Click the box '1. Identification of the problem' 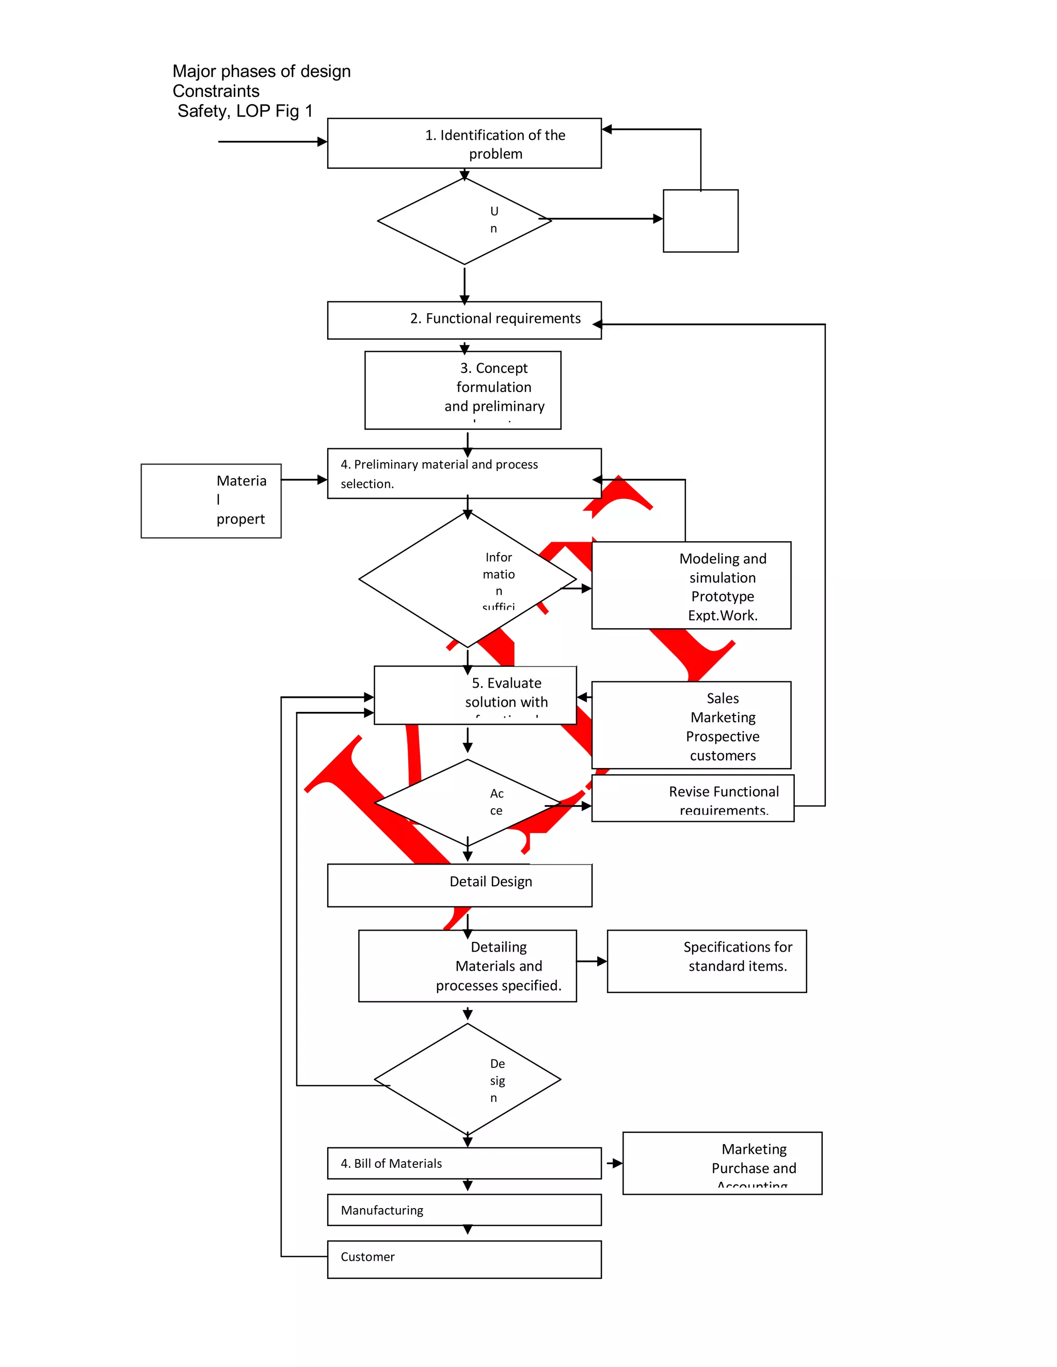464,143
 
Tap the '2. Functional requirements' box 464,320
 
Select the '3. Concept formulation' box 463,389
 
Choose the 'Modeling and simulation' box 691,585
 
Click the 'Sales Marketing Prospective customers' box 691,725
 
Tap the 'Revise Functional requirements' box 693,798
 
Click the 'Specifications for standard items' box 707,961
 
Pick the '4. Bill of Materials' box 464,1163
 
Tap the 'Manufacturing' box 464,1209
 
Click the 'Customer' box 464,1259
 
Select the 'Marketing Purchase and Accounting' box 722,1163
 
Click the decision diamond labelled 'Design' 467,1079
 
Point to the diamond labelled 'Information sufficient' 467,579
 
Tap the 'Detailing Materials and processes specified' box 467,965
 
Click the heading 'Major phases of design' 261,71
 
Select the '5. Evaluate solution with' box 475,695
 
